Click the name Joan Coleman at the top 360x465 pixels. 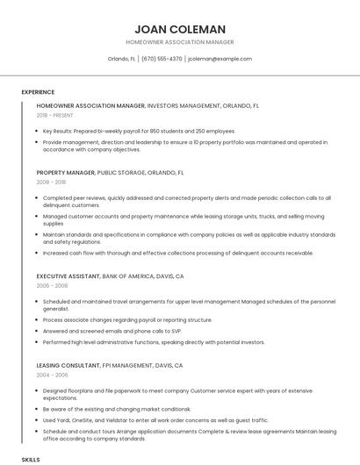pos(180,29)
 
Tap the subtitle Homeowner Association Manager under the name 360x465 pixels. pos(180,42)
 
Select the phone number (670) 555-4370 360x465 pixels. pos(162,59)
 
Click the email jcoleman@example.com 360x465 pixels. pos(220,59)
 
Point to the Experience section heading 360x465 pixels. pos(38,92)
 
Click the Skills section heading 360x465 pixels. pos(31,459)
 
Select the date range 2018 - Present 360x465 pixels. pos(55,115)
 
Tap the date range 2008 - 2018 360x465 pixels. pos(51,183)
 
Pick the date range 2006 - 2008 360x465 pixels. pos(51,286)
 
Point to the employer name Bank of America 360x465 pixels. pos(129,276)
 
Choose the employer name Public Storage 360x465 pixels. pos(124,174)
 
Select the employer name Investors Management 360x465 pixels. pos(184,105)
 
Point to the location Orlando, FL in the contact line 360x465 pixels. pos(121,59)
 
